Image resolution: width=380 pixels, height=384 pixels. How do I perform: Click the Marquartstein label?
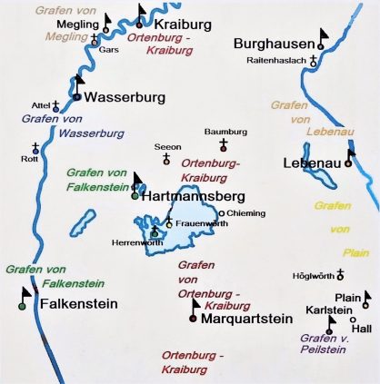tap(245, 319)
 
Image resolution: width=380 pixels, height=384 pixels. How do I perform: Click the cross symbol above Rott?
tap(36, 147)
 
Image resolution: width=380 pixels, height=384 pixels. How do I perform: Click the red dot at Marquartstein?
tap(193, 318)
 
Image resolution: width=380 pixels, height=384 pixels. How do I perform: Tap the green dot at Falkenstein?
tap(22, 306)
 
